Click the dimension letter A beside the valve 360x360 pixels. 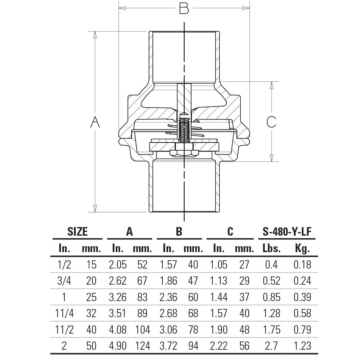pos(95,122)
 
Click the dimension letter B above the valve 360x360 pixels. pos(184,8)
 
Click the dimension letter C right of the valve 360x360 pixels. pos(271,122)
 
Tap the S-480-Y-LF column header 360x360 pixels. pos(287,232)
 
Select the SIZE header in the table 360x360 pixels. pos(77,232)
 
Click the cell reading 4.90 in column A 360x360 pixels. pos(117,346)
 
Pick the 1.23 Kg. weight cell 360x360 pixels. pos(302,346)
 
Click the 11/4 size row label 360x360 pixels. pos(64,313)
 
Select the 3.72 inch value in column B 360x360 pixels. pos(168,346)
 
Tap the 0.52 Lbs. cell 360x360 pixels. pos(271,281)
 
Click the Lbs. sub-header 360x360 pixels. pos(271,248)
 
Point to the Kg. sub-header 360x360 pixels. pos(302,248)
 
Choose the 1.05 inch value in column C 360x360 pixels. pos(218,264)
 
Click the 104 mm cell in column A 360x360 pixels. pos(142,330)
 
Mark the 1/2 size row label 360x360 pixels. pos(64,264)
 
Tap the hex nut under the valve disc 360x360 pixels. pos(184,152)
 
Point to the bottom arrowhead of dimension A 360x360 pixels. pos(95,209)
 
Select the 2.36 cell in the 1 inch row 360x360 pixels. pos(168,297)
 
